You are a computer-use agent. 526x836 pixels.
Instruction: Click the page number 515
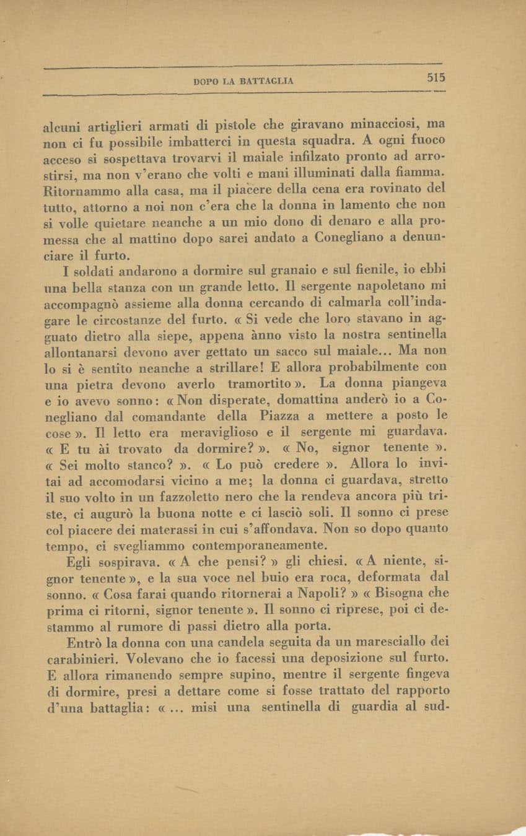(x=436, y=78)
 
